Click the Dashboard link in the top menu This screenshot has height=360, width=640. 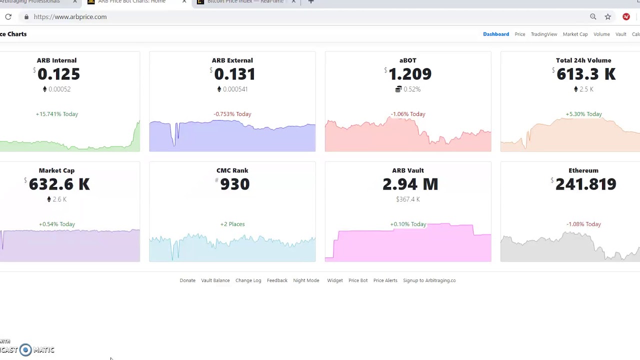pos(495,34)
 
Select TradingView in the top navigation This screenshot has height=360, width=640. pos(543,34)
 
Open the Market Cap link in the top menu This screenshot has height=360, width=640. pos(575,34)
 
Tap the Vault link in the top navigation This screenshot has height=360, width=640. pos(620,34)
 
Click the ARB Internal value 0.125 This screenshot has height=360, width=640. pos(58,74)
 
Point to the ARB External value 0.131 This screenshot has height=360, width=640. pos(234,74)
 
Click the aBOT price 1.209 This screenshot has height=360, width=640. pos(409,74)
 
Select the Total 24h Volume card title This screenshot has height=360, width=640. pos(583,60)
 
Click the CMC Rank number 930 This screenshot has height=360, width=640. pos(234,184)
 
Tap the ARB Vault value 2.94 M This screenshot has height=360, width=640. pos(410,184)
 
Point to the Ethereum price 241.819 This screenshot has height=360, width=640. pos(585,184)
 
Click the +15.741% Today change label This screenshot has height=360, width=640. pos(57,114)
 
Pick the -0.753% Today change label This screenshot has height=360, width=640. pos(232,114)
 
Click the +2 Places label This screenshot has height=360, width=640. pos(232,224)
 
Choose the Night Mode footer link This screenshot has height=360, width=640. pos(306,280)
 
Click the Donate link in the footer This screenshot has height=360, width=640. pos(187,280)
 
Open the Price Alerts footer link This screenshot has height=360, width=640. pos(385,280)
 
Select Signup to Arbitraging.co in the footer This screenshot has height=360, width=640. pos(429,280)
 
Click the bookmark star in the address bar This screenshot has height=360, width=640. pos(607,16)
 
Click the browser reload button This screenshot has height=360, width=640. pos(8,16)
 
